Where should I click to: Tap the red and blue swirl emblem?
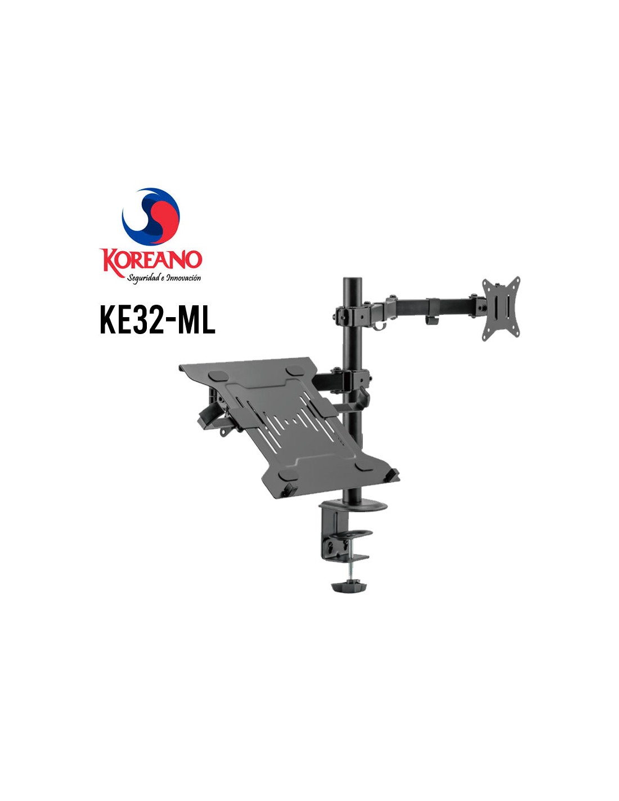[151, 216]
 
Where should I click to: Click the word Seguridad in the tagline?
[142, 278]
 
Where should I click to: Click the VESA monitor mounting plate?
[501, 308]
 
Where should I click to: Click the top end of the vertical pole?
[352, 279]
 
